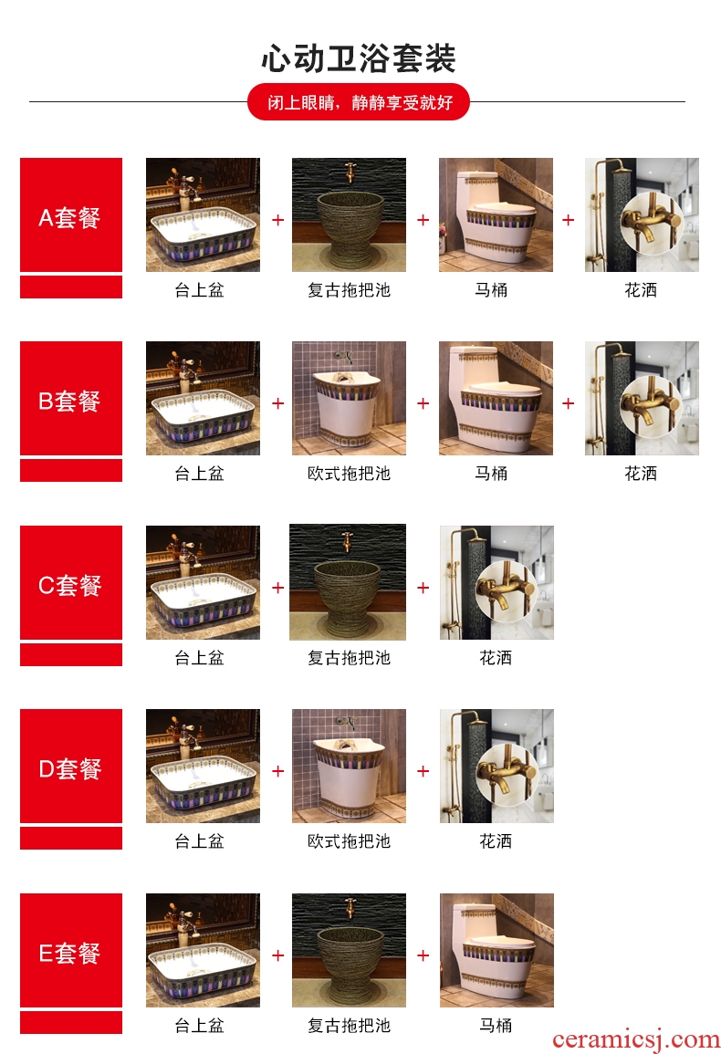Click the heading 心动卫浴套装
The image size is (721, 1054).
click(x=359, y=58)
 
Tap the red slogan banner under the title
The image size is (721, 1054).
click(x=359, y=102)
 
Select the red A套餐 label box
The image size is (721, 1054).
click(x=71, y=215)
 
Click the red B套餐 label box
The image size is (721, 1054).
click(x=71, y=399)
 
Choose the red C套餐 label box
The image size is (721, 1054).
click(x=71, y=583)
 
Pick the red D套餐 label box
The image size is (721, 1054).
click(x=71, y=767)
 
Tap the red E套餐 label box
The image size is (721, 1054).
click(x=71, y=951)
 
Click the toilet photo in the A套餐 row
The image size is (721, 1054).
click(x=496, y=215)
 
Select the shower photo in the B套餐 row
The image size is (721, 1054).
click(x=642, y=399)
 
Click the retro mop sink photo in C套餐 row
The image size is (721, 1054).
click(x=348, y=582)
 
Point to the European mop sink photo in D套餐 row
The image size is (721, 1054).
click(x=349, y=767)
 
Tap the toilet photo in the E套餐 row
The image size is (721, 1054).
click(x=497, y=951)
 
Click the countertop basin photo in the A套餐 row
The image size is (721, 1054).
click(x=204, y=215)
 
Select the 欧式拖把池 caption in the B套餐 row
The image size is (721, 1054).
click(x=349, y=474)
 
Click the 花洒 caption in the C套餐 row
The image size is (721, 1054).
click(x=496, y=657)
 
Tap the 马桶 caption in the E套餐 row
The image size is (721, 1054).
click(x=496, y=1025)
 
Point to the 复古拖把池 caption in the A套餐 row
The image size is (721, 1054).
click(x=349, y=290)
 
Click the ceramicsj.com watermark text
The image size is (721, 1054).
click(x=635, y=1040)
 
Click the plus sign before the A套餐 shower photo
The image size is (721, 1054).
click(x=569, y=220)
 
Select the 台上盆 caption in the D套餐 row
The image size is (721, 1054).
click(x=199, y=840)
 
